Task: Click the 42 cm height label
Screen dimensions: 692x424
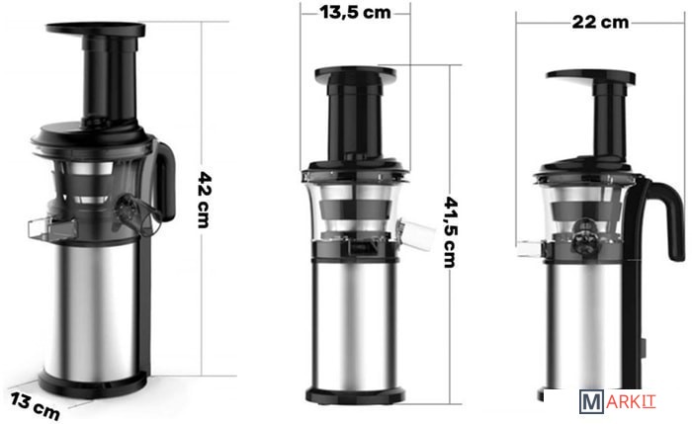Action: pyautogui.click(x=204, y=200)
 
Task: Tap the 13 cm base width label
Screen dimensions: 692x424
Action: pyautogui.click(x=36, y=406)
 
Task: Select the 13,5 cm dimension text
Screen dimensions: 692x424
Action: pyautogui.click(x=355, y=12)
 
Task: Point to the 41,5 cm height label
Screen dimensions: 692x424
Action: pyautogui.click(x=450, y=232)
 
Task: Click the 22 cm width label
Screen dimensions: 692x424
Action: pyautogui.click(x=600, y=22)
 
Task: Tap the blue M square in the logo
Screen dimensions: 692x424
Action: pyautogui.click(x=591, y=402)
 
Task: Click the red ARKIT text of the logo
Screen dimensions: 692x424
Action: pyautogui.click(x=631, y=401)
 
